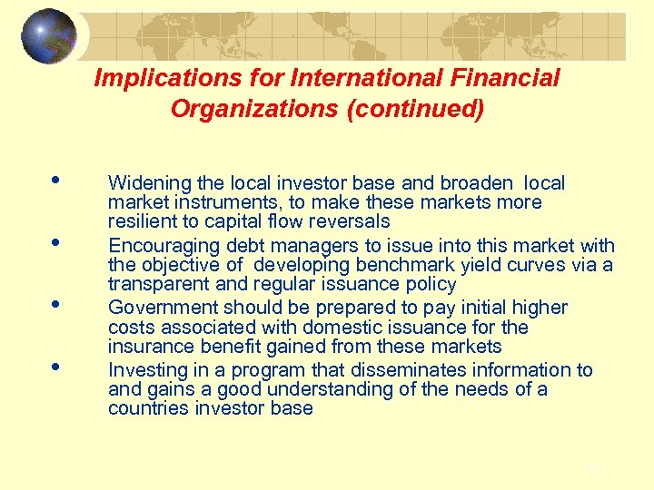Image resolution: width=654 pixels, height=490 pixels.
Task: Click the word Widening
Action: (x=146, y=183)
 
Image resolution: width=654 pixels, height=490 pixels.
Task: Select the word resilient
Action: (x=142, y=221)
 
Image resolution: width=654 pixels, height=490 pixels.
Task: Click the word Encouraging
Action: (x=162, y=246)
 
